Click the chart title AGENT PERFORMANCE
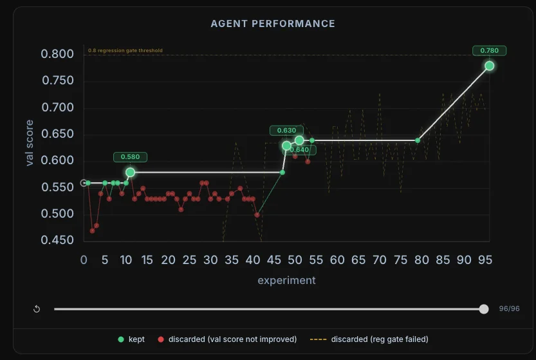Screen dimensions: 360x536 click(273, 24)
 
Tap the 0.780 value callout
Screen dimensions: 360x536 click(489, 50)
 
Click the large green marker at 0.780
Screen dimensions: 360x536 click(489, 66)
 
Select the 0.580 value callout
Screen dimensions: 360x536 click(131, 156)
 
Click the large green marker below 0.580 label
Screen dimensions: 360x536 click(131, 173)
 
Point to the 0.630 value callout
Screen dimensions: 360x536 click(286, 131)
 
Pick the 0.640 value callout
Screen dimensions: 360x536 click(299, 150)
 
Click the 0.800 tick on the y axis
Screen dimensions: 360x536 click(57, 54)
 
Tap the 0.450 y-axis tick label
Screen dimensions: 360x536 click(57, 240)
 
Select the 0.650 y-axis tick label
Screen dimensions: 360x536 click(57, 134)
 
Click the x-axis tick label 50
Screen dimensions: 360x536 click(295, 260)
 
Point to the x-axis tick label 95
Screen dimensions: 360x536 click(485, 260)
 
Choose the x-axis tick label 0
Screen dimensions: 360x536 click(84, 260)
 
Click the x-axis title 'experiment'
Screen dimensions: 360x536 click(286, 280)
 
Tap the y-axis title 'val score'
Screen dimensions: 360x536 click(30, 143)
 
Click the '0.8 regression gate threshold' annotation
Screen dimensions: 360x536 click(125, 50)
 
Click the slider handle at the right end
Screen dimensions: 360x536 click(484, 309)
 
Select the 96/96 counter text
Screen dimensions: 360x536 click(509, 309)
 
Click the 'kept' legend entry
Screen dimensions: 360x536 click(132, 339)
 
